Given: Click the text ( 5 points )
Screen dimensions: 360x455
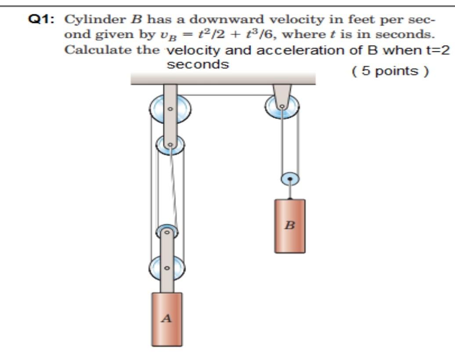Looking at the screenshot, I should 390,71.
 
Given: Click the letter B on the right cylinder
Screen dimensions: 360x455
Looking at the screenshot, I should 289,226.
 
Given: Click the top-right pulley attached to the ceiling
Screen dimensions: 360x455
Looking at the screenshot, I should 282,107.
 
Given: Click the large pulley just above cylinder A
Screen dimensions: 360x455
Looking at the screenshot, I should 166,267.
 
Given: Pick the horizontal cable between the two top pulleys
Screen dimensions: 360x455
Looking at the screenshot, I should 226,95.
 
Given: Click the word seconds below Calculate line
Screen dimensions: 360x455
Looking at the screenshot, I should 198,65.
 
